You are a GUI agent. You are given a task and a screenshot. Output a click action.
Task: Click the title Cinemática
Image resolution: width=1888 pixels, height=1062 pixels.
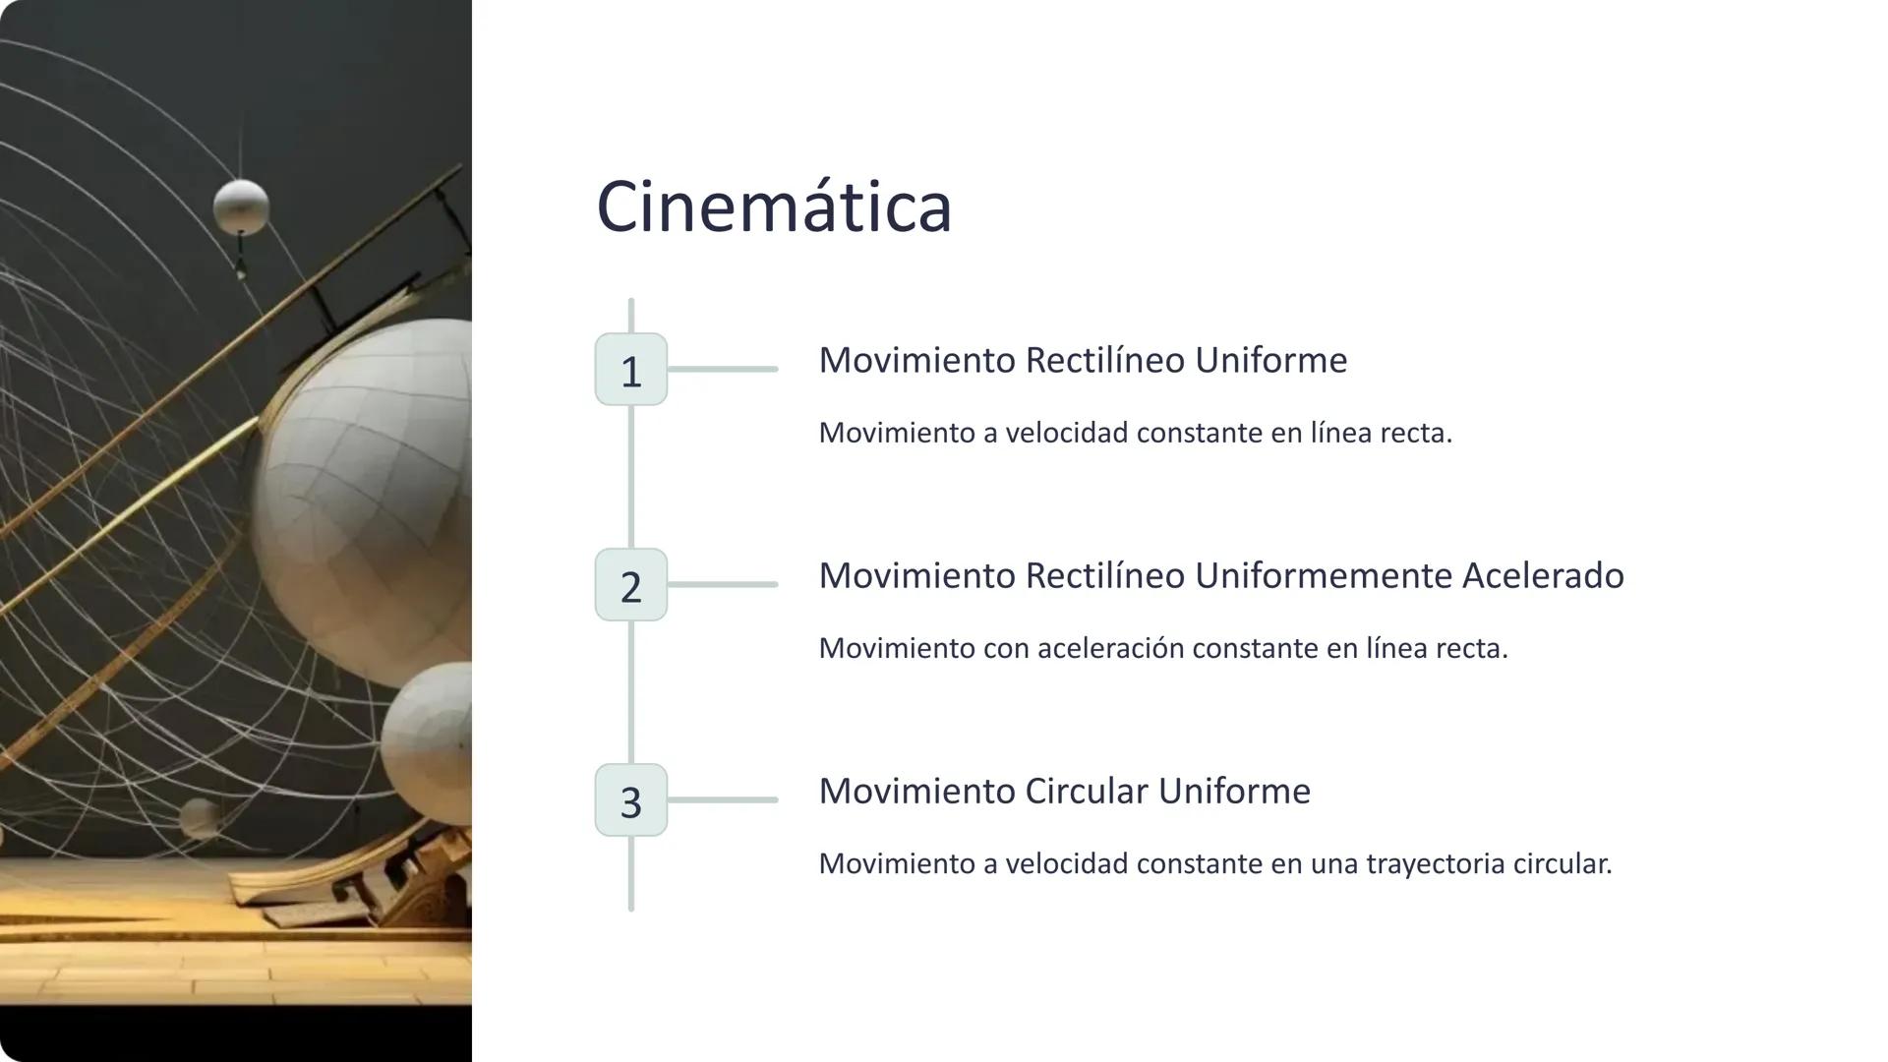click(774, 207)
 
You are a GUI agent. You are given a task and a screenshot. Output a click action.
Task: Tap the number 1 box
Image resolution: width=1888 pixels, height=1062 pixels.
click(631, 370)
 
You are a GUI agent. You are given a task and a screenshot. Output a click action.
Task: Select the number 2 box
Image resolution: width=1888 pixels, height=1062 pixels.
click(631, 585)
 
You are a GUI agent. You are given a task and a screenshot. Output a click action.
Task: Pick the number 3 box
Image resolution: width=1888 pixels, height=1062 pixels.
click(631, 800)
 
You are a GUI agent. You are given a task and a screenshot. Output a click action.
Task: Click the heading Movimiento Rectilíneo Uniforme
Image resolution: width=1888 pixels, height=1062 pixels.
click(1083, 360)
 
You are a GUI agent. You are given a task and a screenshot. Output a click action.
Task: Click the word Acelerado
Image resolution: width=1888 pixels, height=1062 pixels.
click(1543, 575)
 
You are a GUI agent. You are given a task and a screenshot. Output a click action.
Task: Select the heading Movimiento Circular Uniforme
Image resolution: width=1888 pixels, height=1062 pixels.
click(1064, 791)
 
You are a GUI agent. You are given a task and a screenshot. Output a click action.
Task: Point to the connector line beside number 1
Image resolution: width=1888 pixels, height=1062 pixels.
click(723, 370)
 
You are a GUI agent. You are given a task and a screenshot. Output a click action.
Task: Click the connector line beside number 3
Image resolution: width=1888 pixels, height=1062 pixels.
click(723, 800)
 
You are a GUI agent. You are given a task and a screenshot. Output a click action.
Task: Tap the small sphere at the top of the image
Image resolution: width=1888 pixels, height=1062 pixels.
click(241, 206)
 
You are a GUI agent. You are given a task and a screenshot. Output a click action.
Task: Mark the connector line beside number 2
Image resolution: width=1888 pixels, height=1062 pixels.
click(723, 585)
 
